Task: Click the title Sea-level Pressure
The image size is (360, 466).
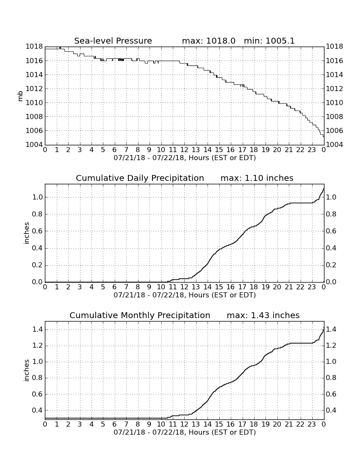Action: [x=113, y=41]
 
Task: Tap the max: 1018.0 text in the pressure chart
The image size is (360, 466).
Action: [x=208, y=41]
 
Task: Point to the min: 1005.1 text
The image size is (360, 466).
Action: [x=269, y=41]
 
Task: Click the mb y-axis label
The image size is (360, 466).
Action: [x=20, y=96]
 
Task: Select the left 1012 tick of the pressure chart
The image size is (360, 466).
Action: [x=34, y=89]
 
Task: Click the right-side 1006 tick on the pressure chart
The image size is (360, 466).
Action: [x=335, y=131]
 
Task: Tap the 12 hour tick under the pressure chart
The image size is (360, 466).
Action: [x=184, y=150]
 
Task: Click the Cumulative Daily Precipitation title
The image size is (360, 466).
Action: [x=140, y=178]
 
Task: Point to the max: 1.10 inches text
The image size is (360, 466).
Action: [x=257, y=178]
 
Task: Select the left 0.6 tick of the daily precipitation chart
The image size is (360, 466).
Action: [x=37, y=231]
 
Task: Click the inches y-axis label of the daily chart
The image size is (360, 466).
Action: [x=27, y=233]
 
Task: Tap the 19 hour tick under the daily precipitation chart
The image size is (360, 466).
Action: [x=266, y=287]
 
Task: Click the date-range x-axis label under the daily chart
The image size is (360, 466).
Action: [x=185, y=295]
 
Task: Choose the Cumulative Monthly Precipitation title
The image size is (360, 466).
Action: [x=140, y=315]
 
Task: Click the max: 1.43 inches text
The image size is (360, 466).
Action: [x=263, y=315]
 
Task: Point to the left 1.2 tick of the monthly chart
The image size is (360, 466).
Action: [x=37, y=346]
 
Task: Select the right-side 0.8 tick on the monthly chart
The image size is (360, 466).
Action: [x=331, y=378]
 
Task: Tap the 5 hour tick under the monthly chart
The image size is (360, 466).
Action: [x=103, y=424]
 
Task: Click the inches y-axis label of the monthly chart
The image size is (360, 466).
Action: [x=27, y=370]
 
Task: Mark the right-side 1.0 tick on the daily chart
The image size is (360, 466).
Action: [x=331, y=197]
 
